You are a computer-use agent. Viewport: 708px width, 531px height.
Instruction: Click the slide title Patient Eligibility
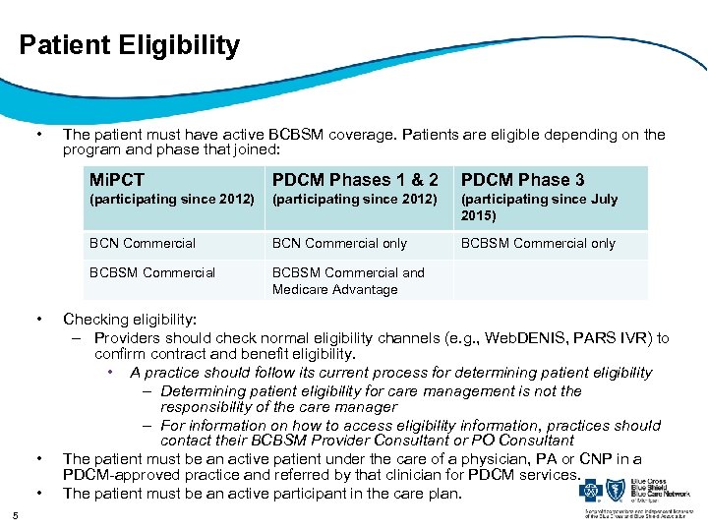(x=129, y=45)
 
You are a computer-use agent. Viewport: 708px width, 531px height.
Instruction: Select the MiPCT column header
(x=116, y=179)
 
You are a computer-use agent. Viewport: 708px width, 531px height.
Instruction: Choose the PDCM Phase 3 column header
(x=522, y=179)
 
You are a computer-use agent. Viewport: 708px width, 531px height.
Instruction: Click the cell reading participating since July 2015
(x=539, y=206)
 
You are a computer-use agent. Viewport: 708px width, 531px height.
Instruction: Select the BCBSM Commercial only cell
(x=538, y=243)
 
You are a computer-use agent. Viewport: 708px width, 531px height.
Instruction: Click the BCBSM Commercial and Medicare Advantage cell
(x=348, y=280)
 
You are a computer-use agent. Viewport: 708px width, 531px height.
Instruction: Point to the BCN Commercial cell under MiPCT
(x=143, y=243)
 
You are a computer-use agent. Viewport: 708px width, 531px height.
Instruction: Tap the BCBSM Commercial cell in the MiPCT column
(x=152, y=272)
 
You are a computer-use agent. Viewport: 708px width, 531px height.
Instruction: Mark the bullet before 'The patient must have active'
(x=38, y=135)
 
